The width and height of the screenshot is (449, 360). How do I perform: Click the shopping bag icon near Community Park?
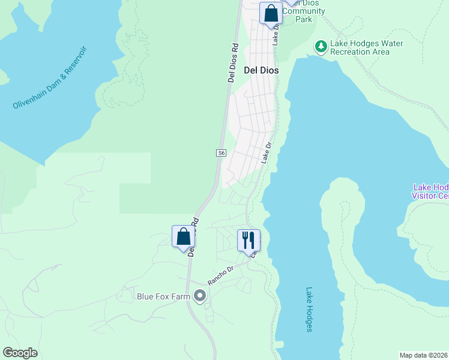pyautogui.click(x=271, y=13)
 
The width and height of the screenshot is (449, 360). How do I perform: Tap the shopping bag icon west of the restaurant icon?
pyautogui.click(x=183, y=237)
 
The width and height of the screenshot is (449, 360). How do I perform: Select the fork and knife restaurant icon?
pyautogui.click(x=248, y=240)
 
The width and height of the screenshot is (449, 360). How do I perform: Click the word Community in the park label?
pyautogui.click(x=304, y=11)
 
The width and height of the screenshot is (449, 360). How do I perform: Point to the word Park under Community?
pyautogui.click(x=304, y=19)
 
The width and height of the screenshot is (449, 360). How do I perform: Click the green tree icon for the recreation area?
pyautogui.click(x=321, y=46)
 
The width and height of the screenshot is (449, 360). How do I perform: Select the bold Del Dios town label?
pyautogui.click(x=261, y=70)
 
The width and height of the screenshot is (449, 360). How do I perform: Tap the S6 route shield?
pyautogui.click(x=221, y=153)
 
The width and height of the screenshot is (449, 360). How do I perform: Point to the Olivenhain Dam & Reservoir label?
pyautogui.click(x=50, y=78)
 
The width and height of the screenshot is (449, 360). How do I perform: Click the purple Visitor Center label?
pyautogui.click(x=430, y=191)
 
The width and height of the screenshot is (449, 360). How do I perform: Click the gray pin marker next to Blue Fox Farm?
pyautogui.click(x=200, y=296)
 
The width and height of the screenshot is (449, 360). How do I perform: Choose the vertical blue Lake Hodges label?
pyautogui.click(x=309, y=308)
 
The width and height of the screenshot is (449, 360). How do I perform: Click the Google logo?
pyautogui.click(x=20, y=353)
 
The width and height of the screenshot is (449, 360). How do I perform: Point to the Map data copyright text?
pyautogui.click(x=424, y=355)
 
